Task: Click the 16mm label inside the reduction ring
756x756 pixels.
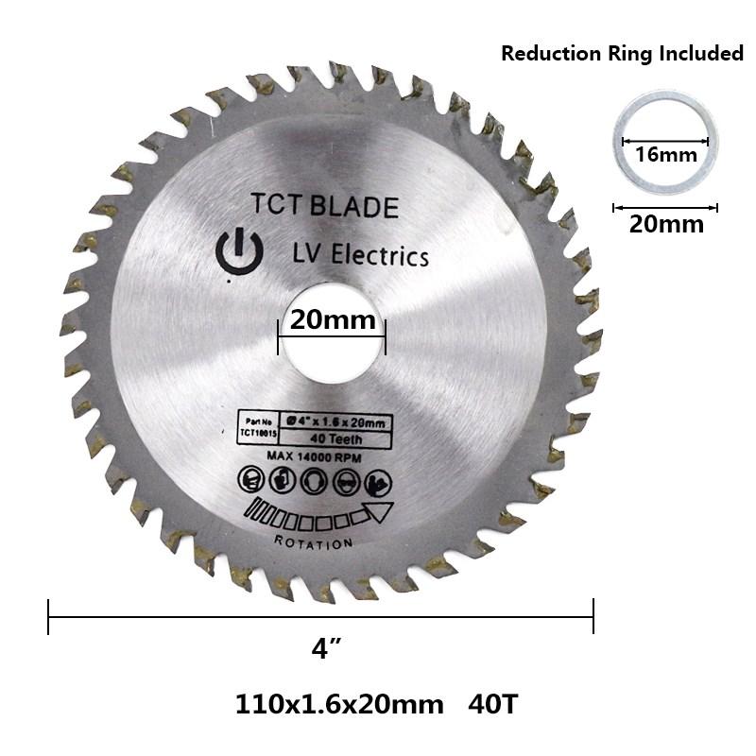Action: point(665,153)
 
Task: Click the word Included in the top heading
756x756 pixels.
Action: point(699,54)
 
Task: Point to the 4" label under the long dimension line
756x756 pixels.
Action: point(326,650)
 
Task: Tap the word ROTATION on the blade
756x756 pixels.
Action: point(314,541)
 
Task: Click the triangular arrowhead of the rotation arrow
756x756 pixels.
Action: point(379,512)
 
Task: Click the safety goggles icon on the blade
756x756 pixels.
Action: point(346,481)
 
